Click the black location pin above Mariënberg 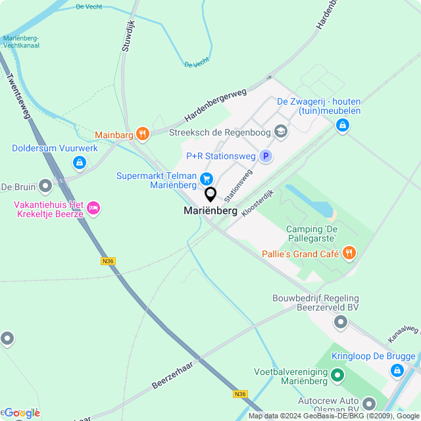[210, 194]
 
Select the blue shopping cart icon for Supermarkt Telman [207, 178]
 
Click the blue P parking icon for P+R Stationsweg [266, 156]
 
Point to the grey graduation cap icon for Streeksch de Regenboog [281, 132]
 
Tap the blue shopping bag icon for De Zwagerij [342, 125]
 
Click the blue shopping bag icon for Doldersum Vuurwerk [79, 161]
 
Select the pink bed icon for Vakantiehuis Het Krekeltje [93, 209]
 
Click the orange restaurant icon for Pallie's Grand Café [349, 253]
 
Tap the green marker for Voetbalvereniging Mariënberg [337, 375]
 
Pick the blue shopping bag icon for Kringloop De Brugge [397, 371]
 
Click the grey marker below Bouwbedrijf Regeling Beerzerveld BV [341, 322]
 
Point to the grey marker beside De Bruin [45, 186]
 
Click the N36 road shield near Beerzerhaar [240, 394]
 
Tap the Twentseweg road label [18, 95]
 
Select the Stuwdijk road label [128, 37]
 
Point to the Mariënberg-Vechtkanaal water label [30, 42]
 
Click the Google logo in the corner [21, 412]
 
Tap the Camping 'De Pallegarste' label [311, 234]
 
